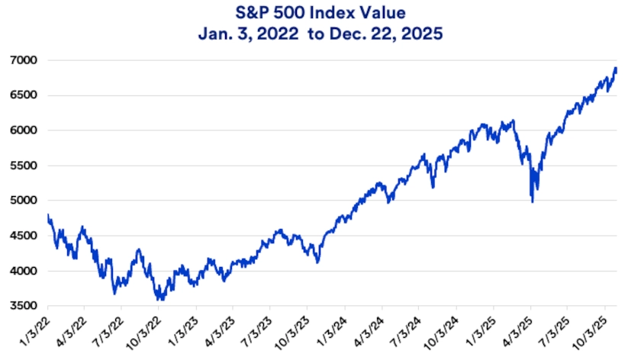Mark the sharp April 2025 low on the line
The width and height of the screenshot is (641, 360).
532,201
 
